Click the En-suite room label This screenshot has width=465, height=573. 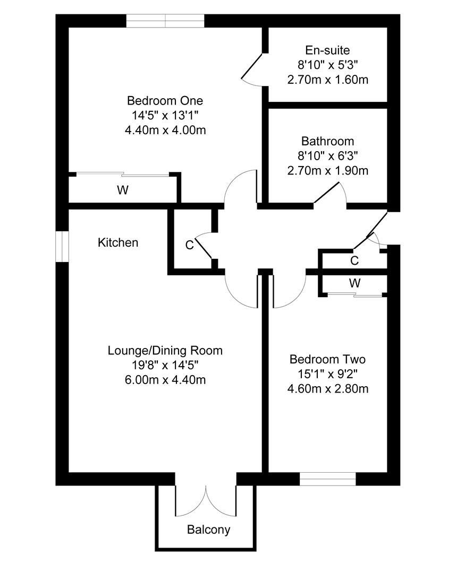coord(327,50)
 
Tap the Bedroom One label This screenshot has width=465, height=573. coord(165,100)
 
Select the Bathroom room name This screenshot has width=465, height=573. coord(327,141)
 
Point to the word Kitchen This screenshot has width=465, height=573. coord(118,242)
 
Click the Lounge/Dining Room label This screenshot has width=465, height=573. coord(165,351)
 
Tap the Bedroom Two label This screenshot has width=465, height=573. coord(327,359)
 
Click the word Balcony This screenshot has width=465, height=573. coord(208,529)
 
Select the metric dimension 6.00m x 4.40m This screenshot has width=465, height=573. coord(165,380)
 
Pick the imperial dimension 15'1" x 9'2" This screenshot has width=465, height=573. coord(327,374)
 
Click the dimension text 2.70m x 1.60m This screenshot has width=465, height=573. coord(327,80)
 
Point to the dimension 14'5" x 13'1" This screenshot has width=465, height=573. coord(165,116)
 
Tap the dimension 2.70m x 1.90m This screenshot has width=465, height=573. coord(327,171)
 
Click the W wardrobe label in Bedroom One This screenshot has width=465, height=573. coord(123,190)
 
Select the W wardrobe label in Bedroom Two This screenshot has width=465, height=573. coord(354,283)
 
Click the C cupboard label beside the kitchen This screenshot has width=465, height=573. coord(189,245)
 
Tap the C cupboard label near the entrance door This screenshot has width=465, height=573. coord(354,261)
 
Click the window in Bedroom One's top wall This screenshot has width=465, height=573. coord(165,21)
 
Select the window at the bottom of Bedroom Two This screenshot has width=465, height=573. coord(328,479)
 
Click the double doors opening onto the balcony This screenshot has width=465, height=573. coord(206,501)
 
